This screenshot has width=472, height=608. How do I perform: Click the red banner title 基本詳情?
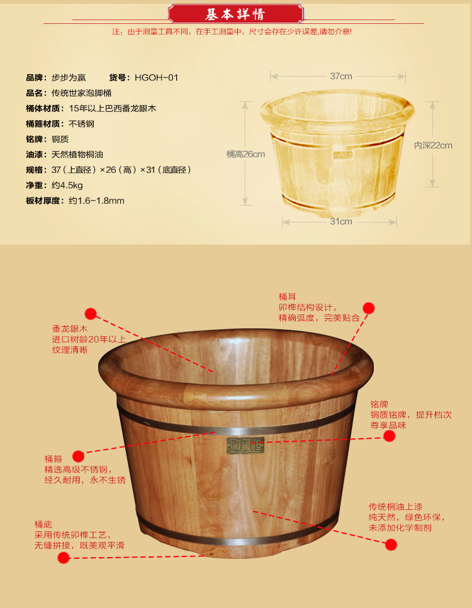[235, 14]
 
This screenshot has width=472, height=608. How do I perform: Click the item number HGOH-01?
[157, 77]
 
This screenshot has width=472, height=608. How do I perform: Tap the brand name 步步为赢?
[69, 77]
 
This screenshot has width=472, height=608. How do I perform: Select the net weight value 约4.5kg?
[67, 185]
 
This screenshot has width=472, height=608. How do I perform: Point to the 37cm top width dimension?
[341, 76]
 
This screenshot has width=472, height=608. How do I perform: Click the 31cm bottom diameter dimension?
[341, 221]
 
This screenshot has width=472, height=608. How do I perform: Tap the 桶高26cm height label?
[245, 154]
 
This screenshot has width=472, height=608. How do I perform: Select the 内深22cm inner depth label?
[433, 145]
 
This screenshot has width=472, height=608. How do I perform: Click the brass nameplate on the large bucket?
[245, 445]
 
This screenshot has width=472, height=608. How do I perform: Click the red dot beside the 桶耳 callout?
[369, 308]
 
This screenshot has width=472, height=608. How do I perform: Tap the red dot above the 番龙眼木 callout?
[91, 314]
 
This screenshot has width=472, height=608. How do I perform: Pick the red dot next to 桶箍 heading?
[79, 456]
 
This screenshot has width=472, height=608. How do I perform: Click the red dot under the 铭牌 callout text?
[390, 436]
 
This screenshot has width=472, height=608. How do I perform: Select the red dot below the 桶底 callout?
[64, 558]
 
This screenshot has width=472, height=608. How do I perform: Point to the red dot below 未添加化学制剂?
[391, 544]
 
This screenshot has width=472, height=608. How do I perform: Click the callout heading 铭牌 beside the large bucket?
[379, 404]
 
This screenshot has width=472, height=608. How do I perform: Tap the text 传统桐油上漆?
[395, 507]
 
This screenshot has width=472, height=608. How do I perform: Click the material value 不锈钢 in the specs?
[82, 124]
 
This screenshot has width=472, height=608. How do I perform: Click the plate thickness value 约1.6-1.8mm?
[97, 201]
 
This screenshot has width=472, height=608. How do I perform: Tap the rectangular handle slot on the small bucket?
[342, 155]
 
